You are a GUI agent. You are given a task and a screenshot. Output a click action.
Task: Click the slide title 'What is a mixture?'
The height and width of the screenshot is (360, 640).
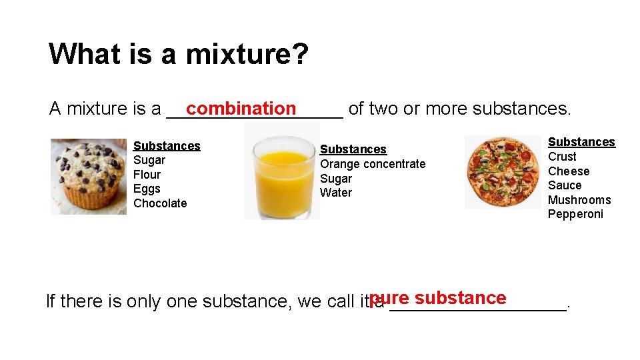click(x=179, y=54)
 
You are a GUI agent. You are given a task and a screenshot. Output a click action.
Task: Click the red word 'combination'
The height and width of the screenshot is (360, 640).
click(x=241, y=108)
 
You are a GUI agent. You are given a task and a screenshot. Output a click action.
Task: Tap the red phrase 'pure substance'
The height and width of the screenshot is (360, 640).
click(x=438, y=298)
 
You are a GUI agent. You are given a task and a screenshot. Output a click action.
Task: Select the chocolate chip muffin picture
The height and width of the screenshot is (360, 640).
click(x=88, y=176)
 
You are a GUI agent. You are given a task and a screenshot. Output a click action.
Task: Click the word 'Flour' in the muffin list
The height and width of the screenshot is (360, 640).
click(x=147, y=175)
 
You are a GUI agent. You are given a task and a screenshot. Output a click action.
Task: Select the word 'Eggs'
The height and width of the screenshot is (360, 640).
click(x=147, y=189)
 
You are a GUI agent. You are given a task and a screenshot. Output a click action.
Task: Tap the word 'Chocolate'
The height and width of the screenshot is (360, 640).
click(x=160, y=203)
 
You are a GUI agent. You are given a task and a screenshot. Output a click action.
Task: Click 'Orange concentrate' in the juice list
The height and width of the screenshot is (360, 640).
click(x=373, y=164)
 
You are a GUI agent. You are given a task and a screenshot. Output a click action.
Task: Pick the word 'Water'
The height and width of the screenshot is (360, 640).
click(x=336, y=193)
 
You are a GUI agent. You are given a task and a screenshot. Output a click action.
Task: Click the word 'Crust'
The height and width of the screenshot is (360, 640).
click(x=562, y=157)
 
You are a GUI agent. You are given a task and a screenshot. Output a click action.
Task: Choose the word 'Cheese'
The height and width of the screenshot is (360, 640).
click(x=569, y=171)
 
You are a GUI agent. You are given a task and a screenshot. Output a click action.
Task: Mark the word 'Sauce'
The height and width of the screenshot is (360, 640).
click(x=565, y=185)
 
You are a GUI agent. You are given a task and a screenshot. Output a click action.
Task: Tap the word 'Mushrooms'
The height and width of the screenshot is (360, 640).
click(x=579, y=200)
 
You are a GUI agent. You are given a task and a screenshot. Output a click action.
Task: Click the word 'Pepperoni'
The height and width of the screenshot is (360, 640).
click(x=575, y=214)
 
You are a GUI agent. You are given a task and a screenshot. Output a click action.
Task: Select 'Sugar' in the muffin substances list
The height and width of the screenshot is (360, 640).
click(x=149, y=160)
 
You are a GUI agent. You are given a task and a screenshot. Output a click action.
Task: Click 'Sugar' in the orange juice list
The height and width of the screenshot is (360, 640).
click(x=336, y=179)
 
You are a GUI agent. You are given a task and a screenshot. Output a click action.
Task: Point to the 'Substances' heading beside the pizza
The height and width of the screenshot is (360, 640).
click(x=581, y=142)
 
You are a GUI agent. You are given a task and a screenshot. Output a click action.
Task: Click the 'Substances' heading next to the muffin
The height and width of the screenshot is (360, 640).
click(x=167, y=146)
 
